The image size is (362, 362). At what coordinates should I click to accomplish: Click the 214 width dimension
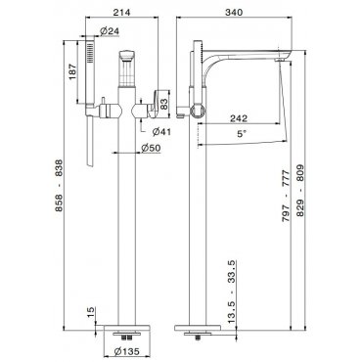pyautogui.click(x=121, y=13)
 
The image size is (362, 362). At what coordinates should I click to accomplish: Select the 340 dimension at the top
pyautogui.click(x=234, y=13)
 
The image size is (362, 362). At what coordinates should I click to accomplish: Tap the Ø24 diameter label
pyautogui.click(x=110, y=31)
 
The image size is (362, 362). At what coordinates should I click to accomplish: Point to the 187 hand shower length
pyautogui.click(x=72, y=71)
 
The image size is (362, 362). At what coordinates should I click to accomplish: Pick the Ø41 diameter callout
pyautogui.click(x=161, y=132)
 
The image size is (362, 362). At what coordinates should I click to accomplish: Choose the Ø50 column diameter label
pyautogui.click(x=151, y=148)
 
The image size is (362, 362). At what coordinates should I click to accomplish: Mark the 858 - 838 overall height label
pyautogui.click(x=59, y=186)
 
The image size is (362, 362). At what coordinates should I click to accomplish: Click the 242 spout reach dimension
pyautogui.click(x=239, y=118)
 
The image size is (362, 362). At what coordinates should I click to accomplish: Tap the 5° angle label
pyautogui.click(x=241, y=134)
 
